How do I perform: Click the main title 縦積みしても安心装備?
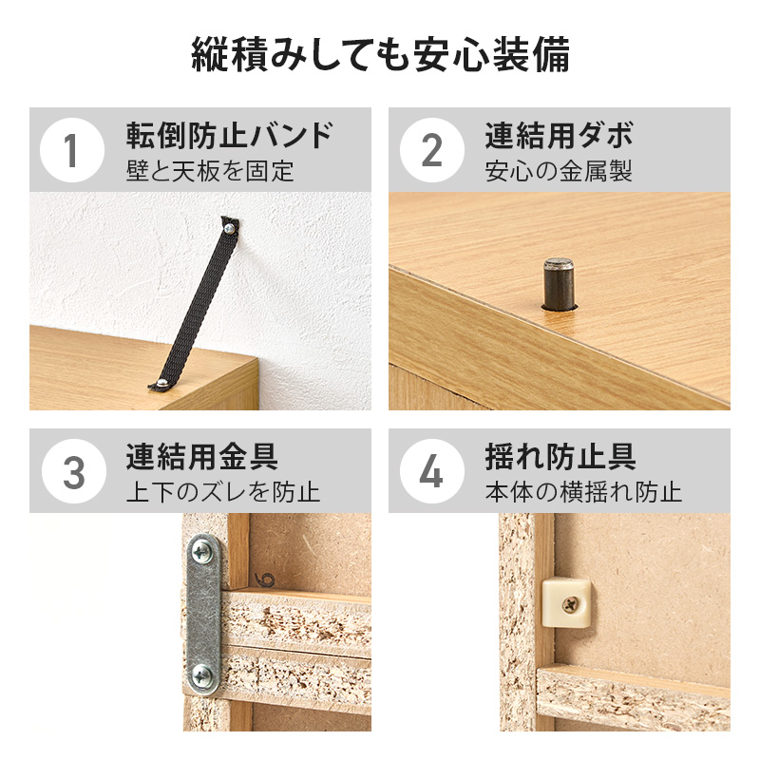[381, 54]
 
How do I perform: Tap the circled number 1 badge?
[72, 150]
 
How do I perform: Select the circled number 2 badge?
[432, 150]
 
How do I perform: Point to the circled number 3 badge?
[74, 471]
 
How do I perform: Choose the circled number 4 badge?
[432, 471]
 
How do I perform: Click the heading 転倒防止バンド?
[230, 135]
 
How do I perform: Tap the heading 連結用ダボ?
[560, 135]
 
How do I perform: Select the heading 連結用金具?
[202, 456]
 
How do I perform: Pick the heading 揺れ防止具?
[560, 456]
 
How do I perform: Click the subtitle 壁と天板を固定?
[210, 171]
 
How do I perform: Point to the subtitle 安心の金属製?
[559, 171]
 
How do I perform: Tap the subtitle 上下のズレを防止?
[223, 492]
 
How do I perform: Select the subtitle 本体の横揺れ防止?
[583, 492]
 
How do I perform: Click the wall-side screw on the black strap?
[229, 227]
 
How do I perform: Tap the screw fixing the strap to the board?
[162, 383]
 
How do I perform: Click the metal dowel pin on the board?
[559, 284]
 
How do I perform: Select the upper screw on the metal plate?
[201, 551]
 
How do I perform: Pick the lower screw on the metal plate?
[201, 675]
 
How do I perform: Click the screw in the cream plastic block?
[571, 604]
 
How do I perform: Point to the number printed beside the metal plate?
[265, 579]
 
